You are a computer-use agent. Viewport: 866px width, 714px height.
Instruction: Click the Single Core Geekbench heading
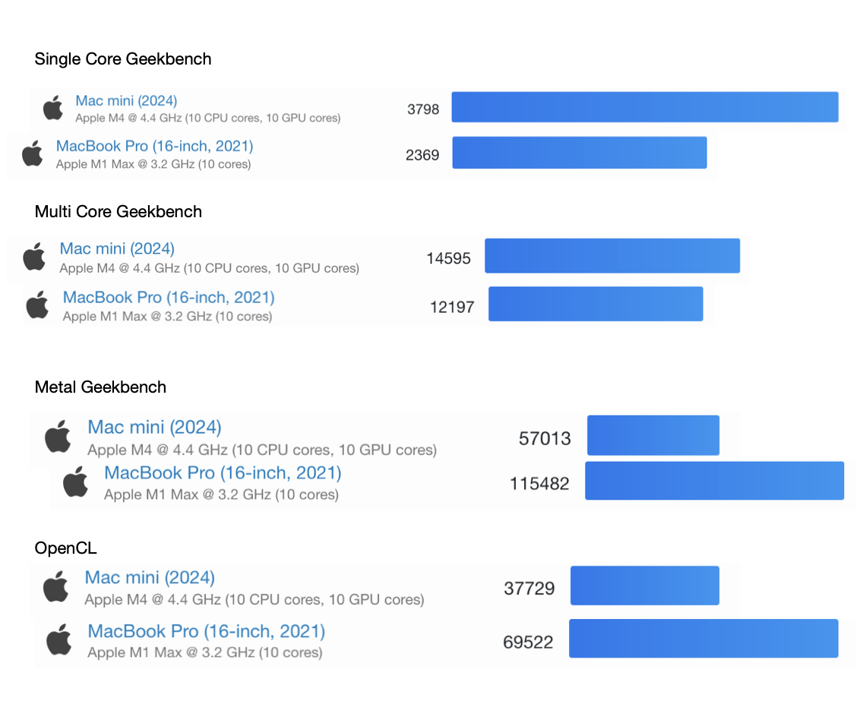(x=123, y=59)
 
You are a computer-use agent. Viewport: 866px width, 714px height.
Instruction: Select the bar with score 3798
(x=644, y=107)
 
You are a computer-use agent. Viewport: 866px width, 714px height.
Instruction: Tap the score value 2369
(x=422, y=155)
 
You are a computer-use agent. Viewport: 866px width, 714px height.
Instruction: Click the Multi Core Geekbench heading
(x=119, y=212)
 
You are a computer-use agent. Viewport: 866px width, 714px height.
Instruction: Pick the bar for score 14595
(x=612, y=256)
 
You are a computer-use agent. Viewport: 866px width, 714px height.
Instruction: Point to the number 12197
(x=452, y=307)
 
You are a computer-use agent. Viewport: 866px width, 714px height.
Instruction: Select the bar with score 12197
(x=596, y=304)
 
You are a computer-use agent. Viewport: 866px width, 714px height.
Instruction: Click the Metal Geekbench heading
(x=100, y=387)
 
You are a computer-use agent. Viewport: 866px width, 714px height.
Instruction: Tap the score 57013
(x=545, y=438)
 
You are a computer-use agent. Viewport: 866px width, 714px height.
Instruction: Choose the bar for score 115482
(x=714, y=481)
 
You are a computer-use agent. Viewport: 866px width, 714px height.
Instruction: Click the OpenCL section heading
(x=66, y=548)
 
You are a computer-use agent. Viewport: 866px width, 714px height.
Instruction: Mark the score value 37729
(x=529, y=589)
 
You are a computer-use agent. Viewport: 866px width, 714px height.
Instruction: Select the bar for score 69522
(x=703, y=638)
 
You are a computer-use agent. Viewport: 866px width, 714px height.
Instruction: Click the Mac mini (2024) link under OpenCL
(x=150, y=577)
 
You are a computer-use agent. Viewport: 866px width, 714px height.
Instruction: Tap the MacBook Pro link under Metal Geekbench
(x=223, y=472)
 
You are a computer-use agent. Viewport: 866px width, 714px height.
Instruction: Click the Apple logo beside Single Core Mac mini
(x=53, y=108)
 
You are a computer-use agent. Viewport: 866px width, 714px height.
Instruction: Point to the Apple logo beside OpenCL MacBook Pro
(x=58, y=640)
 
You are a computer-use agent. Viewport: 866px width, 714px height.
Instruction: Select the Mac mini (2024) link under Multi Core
(x=117, y=248)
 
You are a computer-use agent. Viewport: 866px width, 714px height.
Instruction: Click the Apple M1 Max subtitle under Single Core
(x=153, y=164)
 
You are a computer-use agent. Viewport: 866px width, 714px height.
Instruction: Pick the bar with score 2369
(x=580, y=153)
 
